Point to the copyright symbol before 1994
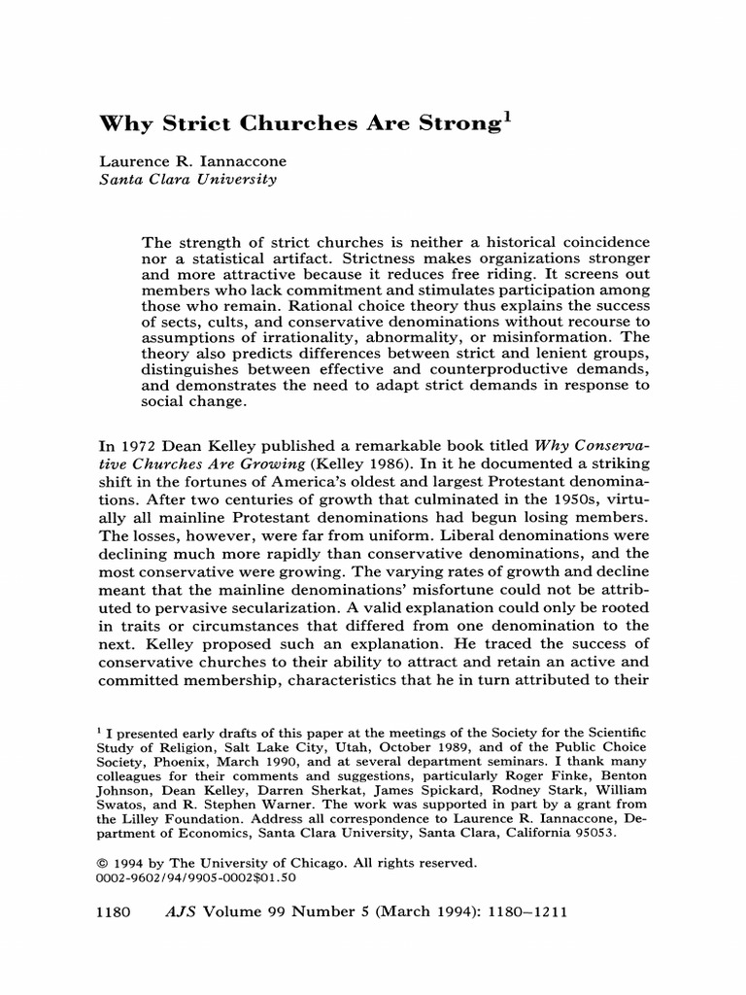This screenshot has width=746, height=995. click(105, 863)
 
